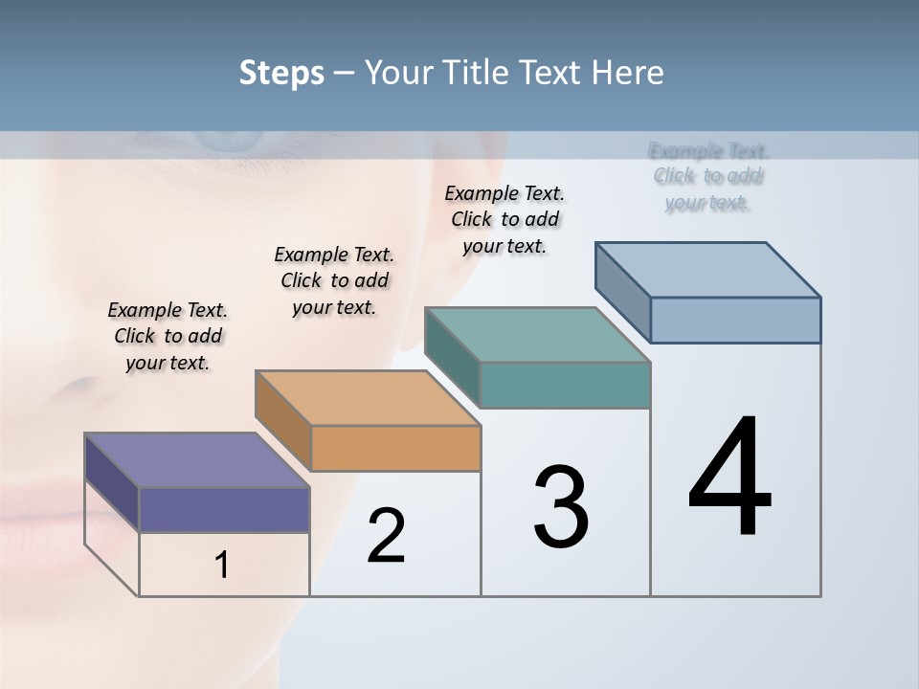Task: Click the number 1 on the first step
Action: tap(222, 565)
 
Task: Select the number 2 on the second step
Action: tap(386, 536)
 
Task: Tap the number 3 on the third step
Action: tap(561, 507)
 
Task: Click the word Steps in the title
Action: tap(281, 73)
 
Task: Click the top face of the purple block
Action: tap(196, 460)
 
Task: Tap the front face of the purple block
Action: tap(224, 509)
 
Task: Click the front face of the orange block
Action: tap(395, 448)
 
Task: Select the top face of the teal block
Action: tap(537, 335)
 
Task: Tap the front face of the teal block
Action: tap(565, 385)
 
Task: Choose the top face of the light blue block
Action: tap(707, 269)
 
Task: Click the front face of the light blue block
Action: tap(735, 320)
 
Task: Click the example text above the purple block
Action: tap(168, 336)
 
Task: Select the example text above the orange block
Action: tap(334, 280)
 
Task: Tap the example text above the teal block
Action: tap(504, 219)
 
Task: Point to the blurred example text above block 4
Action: tap(707, 176)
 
